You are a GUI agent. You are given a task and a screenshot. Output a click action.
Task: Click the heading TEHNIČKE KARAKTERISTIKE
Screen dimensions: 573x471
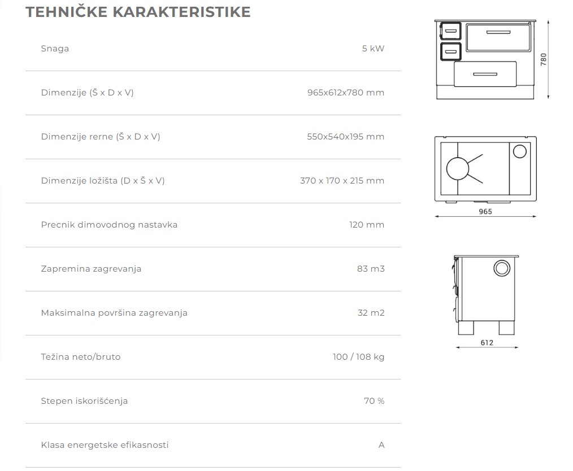138,12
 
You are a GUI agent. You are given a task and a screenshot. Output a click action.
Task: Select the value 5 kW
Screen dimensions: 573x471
373,49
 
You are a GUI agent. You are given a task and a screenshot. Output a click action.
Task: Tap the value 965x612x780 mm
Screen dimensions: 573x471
346,93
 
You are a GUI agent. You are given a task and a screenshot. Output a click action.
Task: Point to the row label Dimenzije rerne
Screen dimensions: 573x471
101,137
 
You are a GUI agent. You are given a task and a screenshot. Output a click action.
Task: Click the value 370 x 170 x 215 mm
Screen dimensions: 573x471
342,181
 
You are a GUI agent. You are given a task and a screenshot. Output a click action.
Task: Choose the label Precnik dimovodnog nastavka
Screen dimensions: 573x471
109,225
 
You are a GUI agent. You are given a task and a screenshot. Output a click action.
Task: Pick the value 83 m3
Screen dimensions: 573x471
371,269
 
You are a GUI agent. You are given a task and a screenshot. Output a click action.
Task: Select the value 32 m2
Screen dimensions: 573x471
371,313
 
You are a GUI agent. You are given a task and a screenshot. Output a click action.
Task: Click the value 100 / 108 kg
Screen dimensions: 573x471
358,357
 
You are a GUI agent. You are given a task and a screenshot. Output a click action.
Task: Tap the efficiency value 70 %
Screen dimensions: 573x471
374,401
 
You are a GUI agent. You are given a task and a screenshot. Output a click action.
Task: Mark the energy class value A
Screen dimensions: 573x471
381,445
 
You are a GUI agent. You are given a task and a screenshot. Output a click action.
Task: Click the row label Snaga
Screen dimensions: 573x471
55,49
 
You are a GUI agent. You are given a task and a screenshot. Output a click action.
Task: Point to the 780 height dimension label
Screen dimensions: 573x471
544,59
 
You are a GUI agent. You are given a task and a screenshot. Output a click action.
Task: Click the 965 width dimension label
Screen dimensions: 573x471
485,212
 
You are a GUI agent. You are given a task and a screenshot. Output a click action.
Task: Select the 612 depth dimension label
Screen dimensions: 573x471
487,343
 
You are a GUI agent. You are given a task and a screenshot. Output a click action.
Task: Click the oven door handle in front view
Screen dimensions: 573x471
498,32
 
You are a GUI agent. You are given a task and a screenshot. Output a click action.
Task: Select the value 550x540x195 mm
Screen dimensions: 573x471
346,137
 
